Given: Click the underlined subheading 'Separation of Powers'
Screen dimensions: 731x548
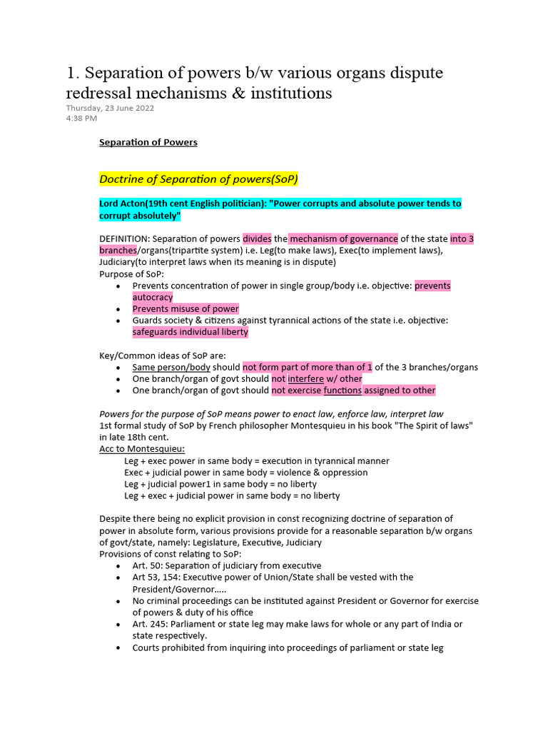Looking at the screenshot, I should (148, 142).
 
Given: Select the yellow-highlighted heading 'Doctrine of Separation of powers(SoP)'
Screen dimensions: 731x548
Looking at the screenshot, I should (198, 178).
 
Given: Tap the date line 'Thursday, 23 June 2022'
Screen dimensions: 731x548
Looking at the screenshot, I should (110, 108).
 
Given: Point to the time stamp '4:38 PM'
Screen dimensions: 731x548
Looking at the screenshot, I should (81, 118).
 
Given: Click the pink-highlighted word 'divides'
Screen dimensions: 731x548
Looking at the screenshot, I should (257, 238).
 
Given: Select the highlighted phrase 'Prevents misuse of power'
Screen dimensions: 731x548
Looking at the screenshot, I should (186, 309).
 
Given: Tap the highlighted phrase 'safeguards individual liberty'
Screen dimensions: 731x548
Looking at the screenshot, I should (191, 332).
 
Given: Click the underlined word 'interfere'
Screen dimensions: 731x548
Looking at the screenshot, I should (305, 378).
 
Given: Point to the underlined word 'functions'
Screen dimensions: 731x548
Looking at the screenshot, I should (342, 390).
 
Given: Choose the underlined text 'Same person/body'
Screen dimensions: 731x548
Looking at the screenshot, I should (171, 367).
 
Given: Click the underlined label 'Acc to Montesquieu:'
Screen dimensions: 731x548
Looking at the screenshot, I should (142, 448).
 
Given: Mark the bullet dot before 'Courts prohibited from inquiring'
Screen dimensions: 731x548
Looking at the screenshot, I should (118, 648).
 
